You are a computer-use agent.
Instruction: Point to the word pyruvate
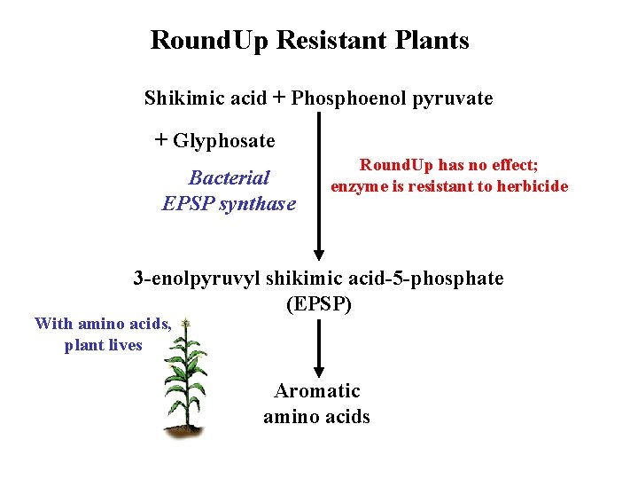[453, 98]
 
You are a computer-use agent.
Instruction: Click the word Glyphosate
[224, 141]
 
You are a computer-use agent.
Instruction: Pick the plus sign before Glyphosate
[160, 140]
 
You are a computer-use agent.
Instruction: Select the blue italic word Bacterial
[230, 177]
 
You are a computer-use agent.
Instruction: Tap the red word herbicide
[530, 186]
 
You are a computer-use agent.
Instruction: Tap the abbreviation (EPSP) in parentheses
[319, 305]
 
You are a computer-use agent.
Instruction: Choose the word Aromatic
[317, 391]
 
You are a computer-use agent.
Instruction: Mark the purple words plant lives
[103, 346]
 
